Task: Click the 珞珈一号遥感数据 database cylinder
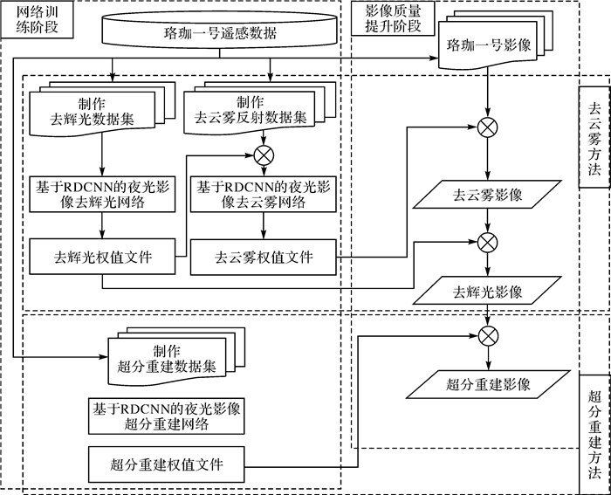point(220,33)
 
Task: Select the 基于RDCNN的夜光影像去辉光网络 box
point(103,196)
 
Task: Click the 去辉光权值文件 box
point(103,257)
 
